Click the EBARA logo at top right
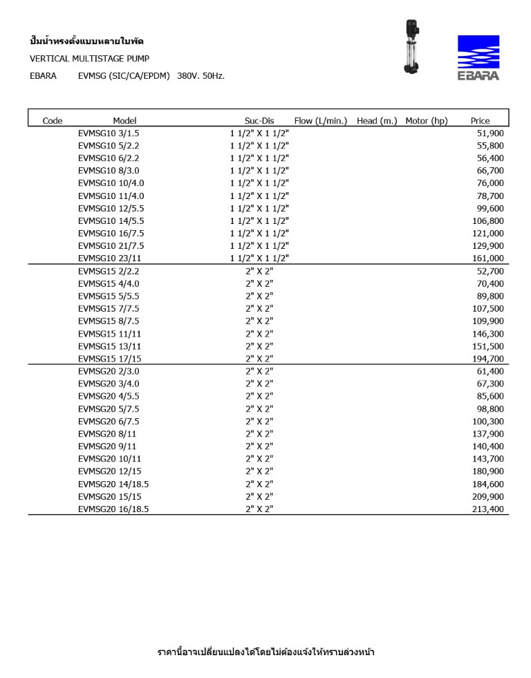(x=478, y=57)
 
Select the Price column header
(x=480, y=121)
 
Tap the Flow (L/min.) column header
(x=321, y=121)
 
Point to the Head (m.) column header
(x=377, y=121)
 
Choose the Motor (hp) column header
(x=427, y=121)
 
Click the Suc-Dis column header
(x=259, y=121)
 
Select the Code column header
(x=53, y=121)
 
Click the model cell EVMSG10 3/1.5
(x=109, y=133)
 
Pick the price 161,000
(x=489, y=258)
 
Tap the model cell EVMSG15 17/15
(x=110, y=359)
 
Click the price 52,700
(x=490, y=272)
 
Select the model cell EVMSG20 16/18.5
(x=113, y=509)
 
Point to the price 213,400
(x=488, y=509)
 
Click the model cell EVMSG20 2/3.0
(x=107, y=371)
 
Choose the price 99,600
(x=490, y=208)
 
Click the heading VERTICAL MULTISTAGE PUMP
(x=89, y=59)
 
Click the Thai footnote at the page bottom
(x=266, y=652)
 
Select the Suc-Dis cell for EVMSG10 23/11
(x=259, y=258)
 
